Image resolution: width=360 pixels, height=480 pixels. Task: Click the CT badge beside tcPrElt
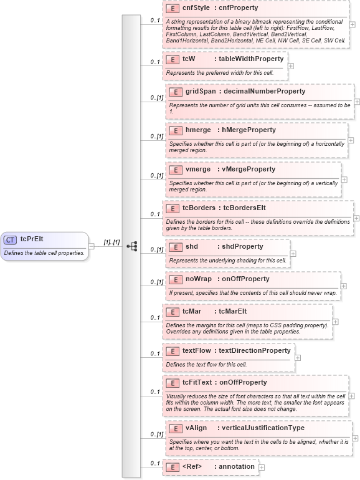(x=11, y=239)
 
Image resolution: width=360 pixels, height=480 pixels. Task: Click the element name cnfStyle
(x=196, y=8)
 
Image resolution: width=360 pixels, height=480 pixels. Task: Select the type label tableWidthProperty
(x=249, y=59)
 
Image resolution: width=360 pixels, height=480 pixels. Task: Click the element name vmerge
(x=197, y=169)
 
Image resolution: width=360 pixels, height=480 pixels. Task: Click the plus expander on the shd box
(x=293, y=254)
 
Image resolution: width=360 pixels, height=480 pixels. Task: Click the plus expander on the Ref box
(x=262, y=467)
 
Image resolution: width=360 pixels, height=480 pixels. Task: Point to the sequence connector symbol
(x=131, y=246)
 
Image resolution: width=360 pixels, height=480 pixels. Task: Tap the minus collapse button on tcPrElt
(x=92, y=246)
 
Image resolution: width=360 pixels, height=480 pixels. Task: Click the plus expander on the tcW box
(x=291, y=65)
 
